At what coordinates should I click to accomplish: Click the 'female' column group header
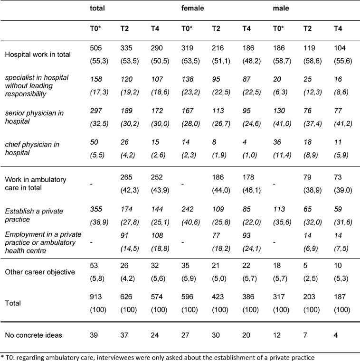tap(192, 8)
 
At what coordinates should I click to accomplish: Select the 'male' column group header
tap(281, 8)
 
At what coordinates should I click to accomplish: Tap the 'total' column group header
tap(97, 8)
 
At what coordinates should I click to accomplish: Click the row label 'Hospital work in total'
tap(38, 55)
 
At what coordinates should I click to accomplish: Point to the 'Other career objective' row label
tap(40, 272)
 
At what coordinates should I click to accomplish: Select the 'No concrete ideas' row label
tap(33, 335)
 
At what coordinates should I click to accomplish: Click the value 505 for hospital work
tap(95, 48)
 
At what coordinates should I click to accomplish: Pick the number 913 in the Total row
tap(95, 296)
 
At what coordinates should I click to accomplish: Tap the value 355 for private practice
tap(96, 209)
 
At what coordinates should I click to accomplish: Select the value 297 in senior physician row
tap(96, 111)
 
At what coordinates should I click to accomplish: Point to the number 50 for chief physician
tap(94, 142)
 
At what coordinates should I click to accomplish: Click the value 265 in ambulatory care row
tap(126, 177)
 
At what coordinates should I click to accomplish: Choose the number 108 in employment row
tap(157, 235)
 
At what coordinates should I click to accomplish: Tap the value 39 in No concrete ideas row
tap(94, 335)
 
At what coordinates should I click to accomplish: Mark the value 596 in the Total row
tap(187, 296)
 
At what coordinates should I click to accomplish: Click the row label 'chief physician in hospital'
tap(32, 148)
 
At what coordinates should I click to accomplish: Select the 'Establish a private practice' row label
tap(34, 215)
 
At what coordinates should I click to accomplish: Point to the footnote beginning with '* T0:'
tap(158, 358)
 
